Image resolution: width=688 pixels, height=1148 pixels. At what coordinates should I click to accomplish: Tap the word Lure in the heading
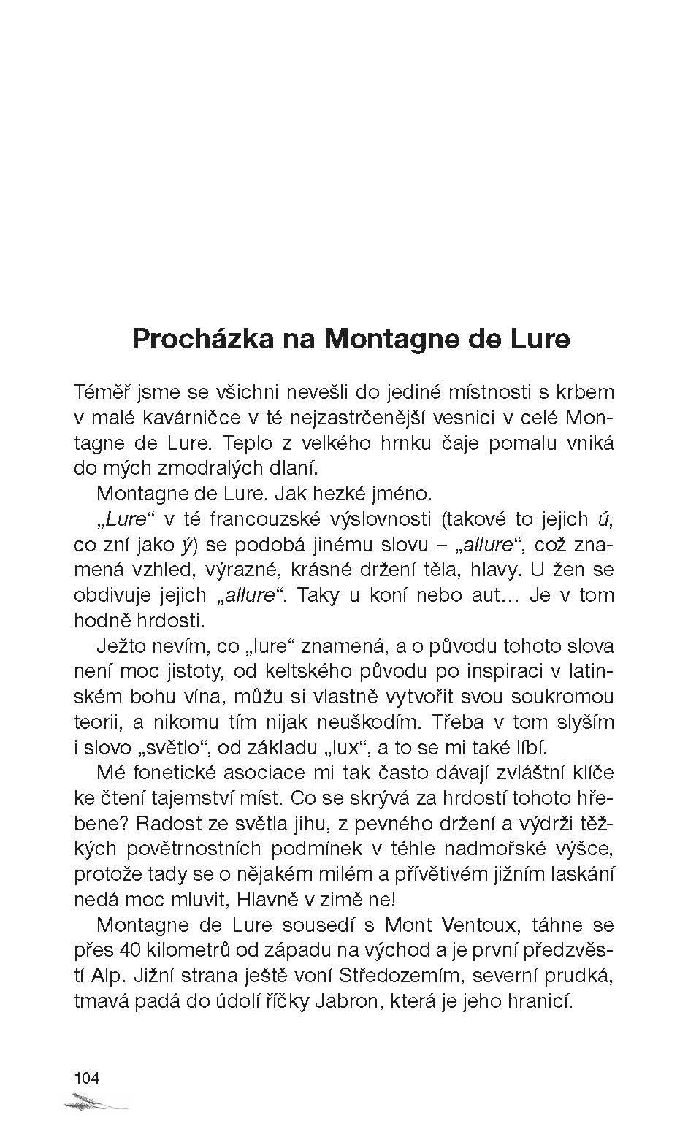[538, 340]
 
